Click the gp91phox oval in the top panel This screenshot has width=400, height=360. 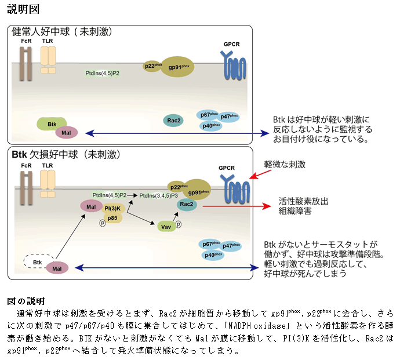pyautogui.click(x=177, y=67)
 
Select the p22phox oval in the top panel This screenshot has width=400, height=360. pyautogui.click(x=152, y=66)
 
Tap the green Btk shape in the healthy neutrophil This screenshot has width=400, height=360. pyautogui.click(x=52, y=124)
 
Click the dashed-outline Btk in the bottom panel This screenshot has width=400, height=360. pyautogui.click(x=38, y=263)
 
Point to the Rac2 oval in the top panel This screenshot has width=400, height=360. pyautogui.click(x=173, y=120)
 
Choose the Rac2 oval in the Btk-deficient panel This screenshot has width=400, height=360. pyautogui.click(x=187, y=204)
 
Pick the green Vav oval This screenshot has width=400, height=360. pyautogui.click(x=166, y=226)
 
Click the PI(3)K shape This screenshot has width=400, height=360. pyautogui.click(x=112, y=208)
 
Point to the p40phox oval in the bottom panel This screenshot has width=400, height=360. pyautogui.click(x=212, y=255)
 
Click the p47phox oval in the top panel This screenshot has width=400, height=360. pyautogui.click(x=230, y=117)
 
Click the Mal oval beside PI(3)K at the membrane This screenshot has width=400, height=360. pyautogui.click(x=90, y=206)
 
